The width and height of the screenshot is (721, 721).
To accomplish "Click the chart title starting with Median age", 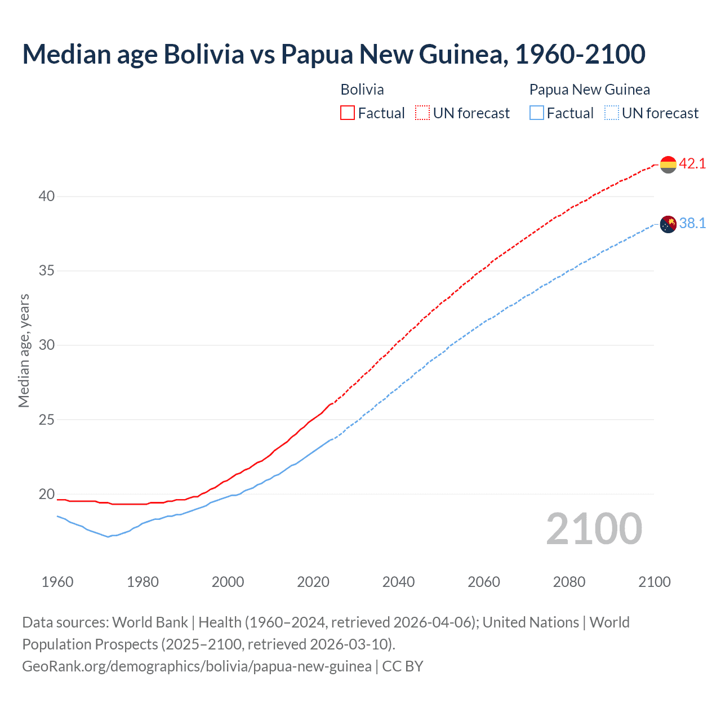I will click(x=333, y=54).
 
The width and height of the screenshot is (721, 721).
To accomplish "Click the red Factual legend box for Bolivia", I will click(x=348, y=113).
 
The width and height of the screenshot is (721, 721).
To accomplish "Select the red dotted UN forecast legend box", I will click(x=422, y=113).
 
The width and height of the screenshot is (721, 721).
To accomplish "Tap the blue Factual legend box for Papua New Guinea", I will click(x=537, y=113).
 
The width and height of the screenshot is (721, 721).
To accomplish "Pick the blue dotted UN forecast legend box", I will click(x=612, y=113).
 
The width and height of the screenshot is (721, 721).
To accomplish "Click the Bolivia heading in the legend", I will click(x=362, y=90).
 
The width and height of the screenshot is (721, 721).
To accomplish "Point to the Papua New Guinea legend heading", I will click(x=589, y=90).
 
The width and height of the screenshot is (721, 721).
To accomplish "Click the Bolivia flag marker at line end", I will click(x=668, y=164).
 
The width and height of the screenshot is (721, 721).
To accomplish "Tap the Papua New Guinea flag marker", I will click(x=668, y=224).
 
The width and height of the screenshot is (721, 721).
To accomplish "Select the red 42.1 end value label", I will click(x=692, y=163).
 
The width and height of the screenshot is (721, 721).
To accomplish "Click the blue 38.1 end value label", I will click(x=692, y=224).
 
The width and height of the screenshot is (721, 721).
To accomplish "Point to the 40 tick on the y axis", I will click(x=47, y=197).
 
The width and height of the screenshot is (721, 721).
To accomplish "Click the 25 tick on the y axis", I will click(x=47, y=420).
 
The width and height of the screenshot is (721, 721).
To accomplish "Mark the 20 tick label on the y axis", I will click(x=47, y=495).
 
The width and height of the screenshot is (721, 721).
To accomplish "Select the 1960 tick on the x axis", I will click(x=57, y=582).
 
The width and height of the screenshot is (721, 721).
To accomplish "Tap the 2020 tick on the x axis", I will click(x=313, y=582).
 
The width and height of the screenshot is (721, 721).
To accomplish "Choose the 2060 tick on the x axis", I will click(x=484, y=582).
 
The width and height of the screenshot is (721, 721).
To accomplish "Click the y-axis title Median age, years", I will click(x=24, y=350).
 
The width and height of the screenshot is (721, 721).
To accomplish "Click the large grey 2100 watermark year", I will click(x=594, y=529).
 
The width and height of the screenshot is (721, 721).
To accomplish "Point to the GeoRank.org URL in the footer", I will click(x=197, y=666).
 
